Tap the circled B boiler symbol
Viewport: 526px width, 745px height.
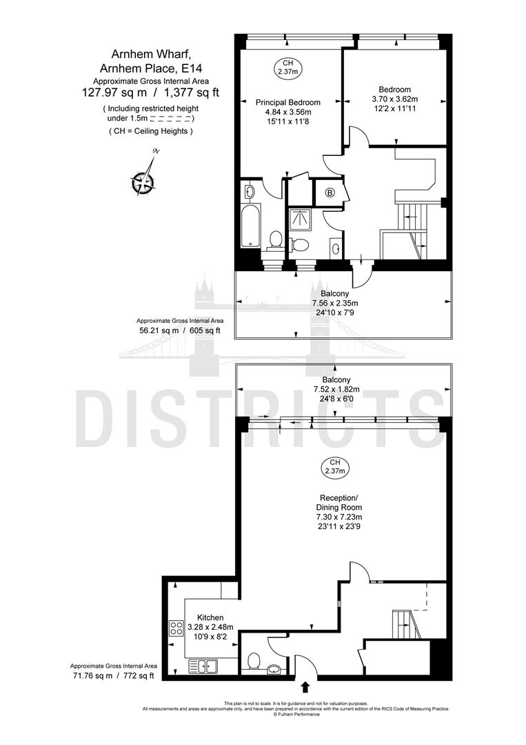click(330, 192)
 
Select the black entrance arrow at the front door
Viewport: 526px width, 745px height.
click(306, 686)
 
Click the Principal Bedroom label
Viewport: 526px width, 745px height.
click(284, 102)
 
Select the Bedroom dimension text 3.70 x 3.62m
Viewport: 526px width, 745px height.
click(394, 99)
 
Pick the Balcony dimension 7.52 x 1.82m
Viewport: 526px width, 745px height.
click(336, 389)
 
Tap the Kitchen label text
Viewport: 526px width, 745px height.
click(210, 617)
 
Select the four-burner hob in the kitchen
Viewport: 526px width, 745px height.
click(176, 628)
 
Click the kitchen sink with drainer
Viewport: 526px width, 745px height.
click(203, 666)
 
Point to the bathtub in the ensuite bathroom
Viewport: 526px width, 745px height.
click(249, 225)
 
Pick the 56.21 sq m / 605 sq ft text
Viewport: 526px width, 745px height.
click(179, 330)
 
